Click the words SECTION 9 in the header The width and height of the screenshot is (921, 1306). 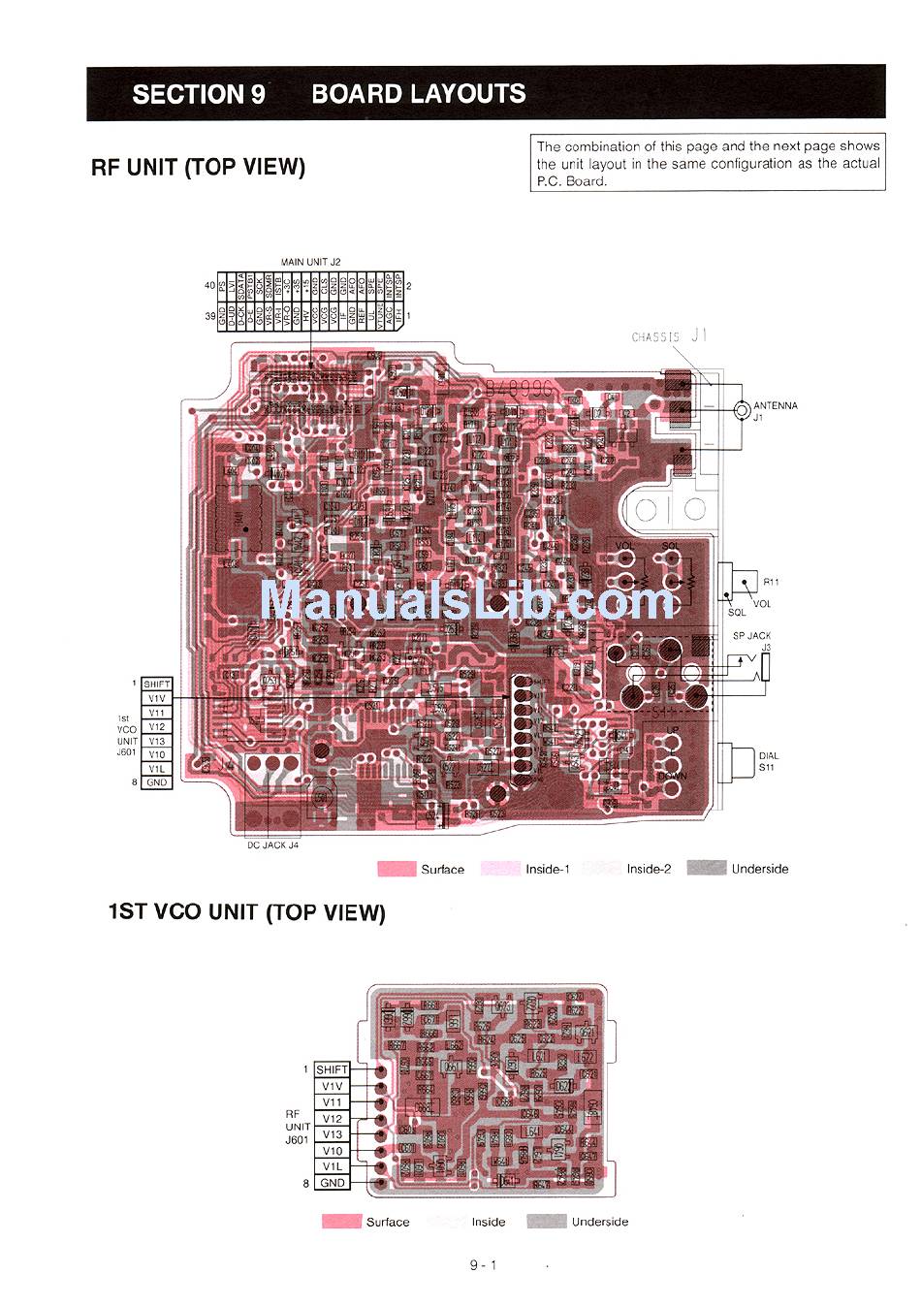click(199, 94)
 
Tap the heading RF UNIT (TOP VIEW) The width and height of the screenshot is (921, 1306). click(198, 167)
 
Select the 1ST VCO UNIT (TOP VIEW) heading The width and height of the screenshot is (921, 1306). click(246, 912)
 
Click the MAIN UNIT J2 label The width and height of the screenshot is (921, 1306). click(310, 262)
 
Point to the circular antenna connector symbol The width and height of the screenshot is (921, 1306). click(742, 411)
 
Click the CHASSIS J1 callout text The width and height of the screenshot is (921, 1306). click(669, 336)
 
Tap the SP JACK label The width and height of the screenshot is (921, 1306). click(751, 636)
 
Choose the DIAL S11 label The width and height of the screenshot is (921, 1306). click(768, 761)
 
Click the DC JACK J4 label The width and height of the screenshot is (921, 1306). click(272, 845)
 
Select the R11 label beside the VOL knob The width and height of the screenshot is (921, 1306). click(771, 582)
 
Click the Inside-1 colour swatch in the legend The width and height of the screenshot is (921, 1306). click(501, 869)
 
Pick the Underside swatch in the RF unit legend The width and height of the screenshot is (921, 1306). click(706, 869)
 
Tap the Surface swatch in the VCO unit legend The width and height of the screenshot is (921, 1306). click(341, 1222)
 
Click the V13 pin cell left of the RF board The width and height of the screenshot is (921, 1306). click(156, 741)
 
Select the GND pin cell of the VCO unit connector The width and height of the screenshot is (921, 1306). click(333, 1183)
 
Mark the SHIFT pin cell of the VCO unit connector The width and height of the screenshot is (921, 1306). click(333, 1069)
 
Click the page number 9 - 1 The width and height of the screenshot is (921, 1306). click(483, 1264)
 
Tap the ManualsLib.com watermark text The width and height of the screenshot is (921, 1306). click(466, 601)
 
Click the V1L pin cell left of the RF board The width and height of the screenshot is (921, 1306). click(156, 769)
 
